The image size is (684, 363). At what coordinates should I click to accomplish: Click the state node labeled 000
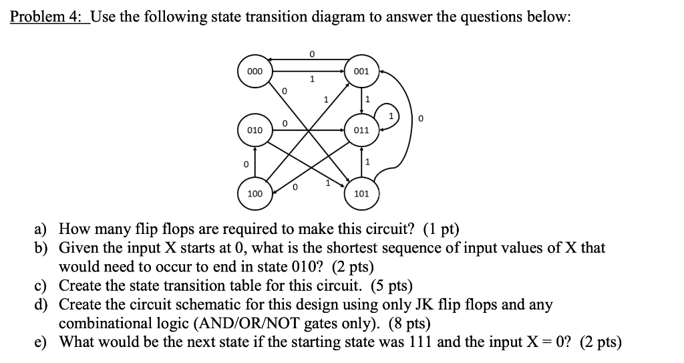(254, 71)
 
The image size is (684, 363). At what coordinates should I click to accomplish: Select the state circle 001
(361, 71)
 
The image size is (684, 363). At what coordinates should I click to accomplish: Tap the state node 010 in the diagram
(254, 130)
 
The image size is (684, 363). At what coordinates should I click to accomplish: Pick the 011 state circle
(361, 130)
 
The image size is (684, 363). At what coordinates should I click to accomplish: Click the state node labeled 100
(254, 193)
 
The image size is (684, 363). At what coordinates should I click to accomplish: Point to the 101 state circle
(361, 194)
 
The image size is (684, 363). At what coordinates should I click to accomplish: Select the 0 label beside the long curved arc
(420, 119)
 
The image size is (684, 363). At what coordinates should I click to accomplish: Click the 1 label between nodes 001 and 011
(367, 100)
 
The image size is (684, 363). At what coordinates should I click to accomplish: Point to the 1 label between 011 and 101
(367, 161)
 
